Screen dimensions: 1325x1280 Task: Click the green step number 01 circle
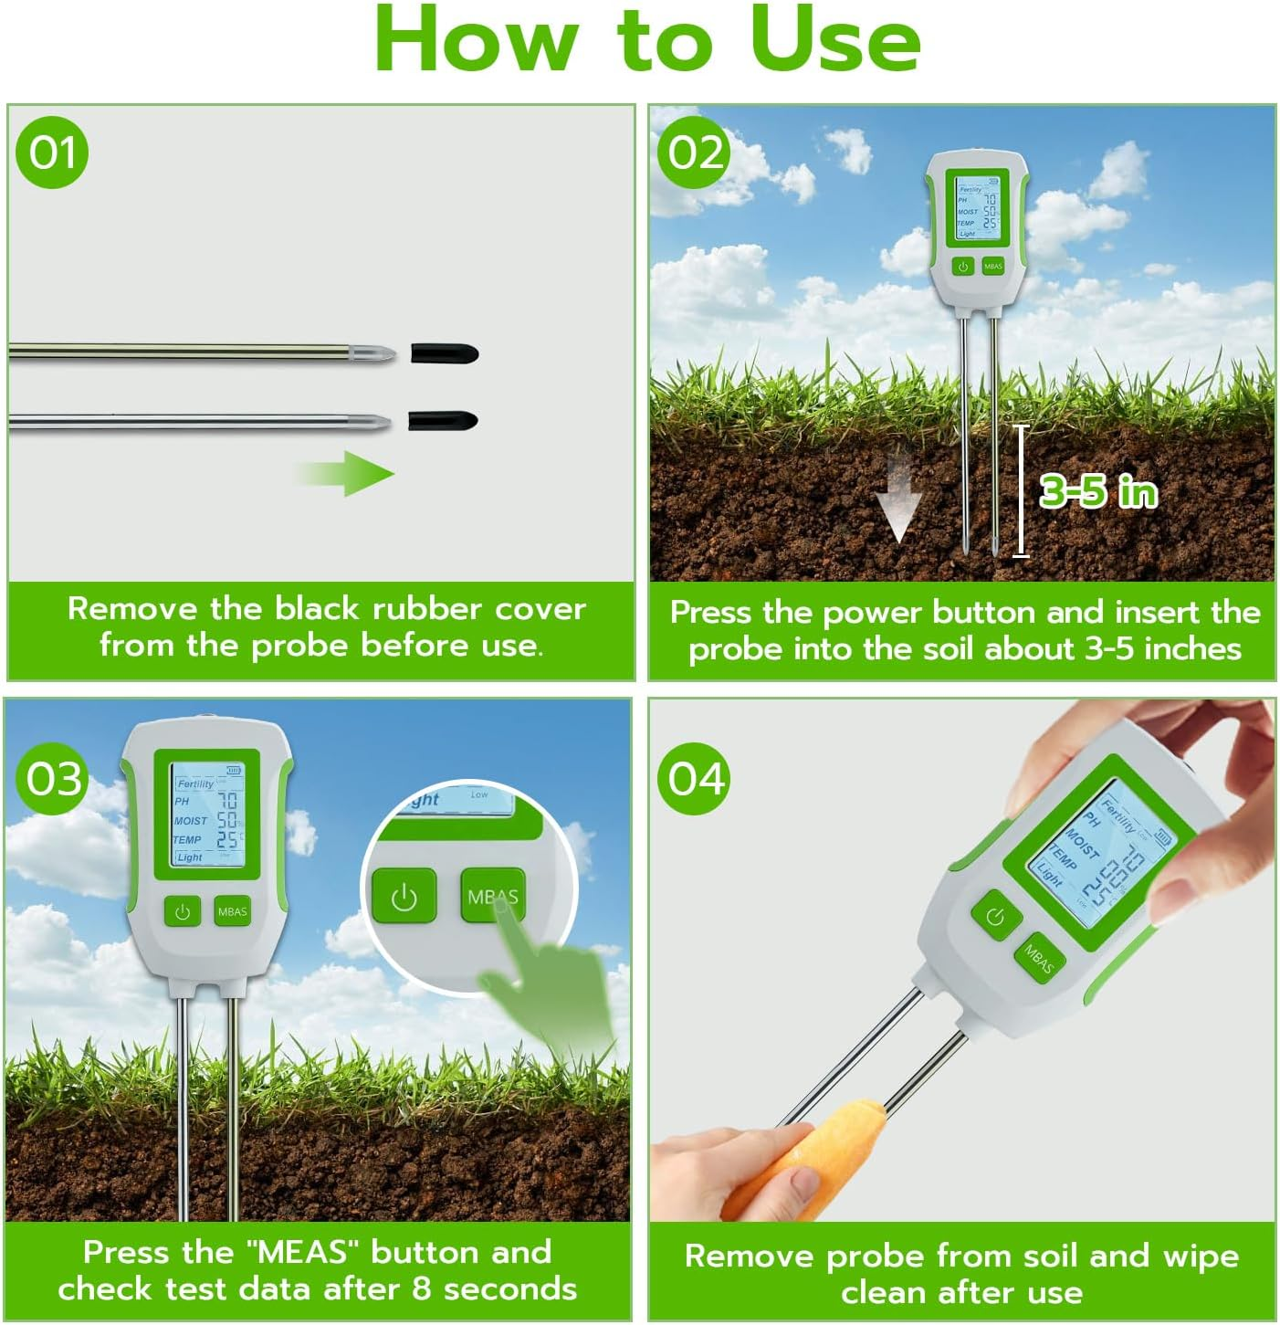(52, 152)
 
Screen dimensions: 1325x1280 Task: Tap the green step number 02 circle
(694, 152)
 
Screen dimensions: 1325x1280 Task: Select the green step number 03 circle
(53, 779)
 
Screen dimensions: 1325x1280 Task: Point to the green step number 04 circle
(695, 779)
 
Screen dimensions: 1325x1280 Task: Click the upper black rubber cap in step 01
(445, 352)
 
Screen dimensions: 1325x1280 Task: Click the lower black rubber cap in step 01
(442, 421)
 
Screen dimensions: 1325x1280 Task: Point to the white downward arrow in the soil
(897, 498)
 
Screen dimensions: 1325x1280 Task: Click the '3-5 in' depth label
(1098, 492)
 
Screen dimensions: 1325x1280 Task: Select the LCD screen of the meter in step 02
(976, 209)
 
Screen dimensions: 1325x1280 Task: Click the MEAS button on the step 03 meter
(232, 911)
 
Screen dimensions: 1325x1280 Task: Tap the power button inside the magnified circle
(404, 897)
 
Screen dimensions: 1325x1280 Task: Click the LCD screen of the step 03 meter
(206, 814)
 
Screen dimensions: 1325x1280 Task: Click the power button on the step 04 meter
(994, 916)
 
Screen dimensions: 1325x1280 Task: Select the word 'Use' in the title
(834, 41)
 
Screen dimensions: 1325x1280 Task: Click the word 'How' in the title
(476, 41)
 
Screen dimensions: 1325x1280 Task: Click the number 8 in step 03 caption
(421, 1288)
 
